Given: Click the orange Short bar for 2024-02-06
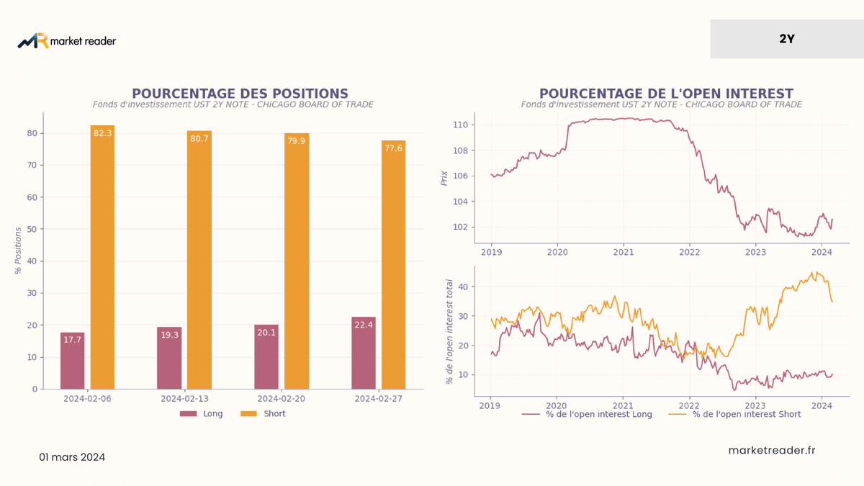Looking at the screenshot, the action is pyautogui.click(x=102, y=257).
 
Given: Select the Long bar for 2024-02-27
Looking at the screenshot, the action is pyautogui.click(x=364, y=353).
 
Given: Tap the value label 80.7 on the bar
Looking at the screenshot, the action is pyautogui.click(x=199, y=138).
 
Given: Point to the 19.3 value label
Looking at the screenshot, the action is pyautogui.click(x=170, y=335).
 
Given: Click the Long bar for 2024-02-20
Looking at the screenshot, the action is pyautogui.click(x=266, y=357).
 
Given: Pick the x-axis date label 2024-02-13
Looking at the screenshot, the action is pyautogui.click(x=184, y=398).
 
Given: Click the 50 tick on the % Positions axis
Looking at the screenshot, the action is pyautogui.click(x=32, y=229).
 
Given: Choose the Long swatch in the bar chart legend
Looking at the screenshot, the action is pyautogui.click(x=188, y=413).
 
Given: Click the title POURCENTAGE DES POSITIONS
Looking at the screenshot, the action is pyautogui.click(x=240, y=94).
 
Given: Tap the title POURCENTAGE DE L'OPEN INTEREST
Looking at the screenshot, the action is pyautogui.click(x=666, y=94).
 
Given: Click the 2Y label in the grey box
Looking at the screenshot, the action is pyautogui.click(x=787, y=39).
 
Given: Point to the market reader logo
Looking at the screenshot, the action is pyautogui.click(x=67, y=40).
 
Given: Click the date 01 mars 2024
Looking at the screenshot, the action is pyautogui.click(x=72, y=457).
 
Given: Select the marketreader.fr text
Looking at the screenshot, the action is pyautogui.click(x=772, y=450).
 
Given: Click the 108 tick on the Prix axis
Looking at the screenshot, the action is pyautogui.click(x=460, y=150).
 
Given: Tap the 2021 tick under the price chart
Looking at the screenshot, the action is pyautogui.click(x=624, y=252).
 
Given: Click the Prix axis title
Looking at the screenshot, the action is pyautogui.click(x=444, y=179).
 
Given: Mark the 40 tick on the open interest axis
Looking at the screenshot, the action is pyautogui.click(x=463, y=287).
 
